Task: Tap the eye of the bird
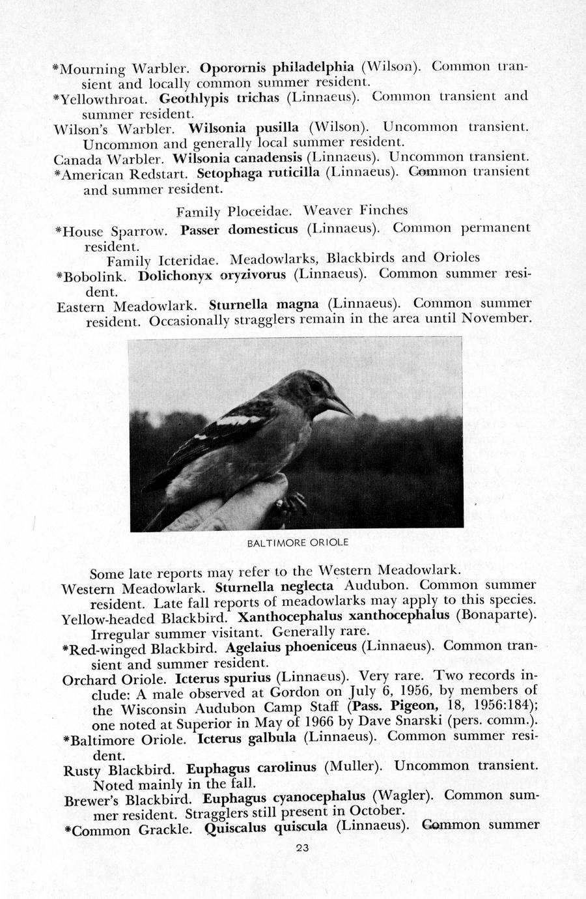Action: coord(315,386)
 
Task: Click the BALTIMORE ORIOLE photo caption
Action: coord(298,542)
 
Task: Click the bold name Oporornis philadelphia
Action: coord(277,67)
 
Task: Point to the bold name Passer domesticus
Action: coord(239,229)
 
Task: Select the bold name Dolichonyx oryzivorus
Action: coord(212,274)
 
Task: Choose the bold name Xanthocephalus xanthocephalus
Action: coord(344,616)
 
